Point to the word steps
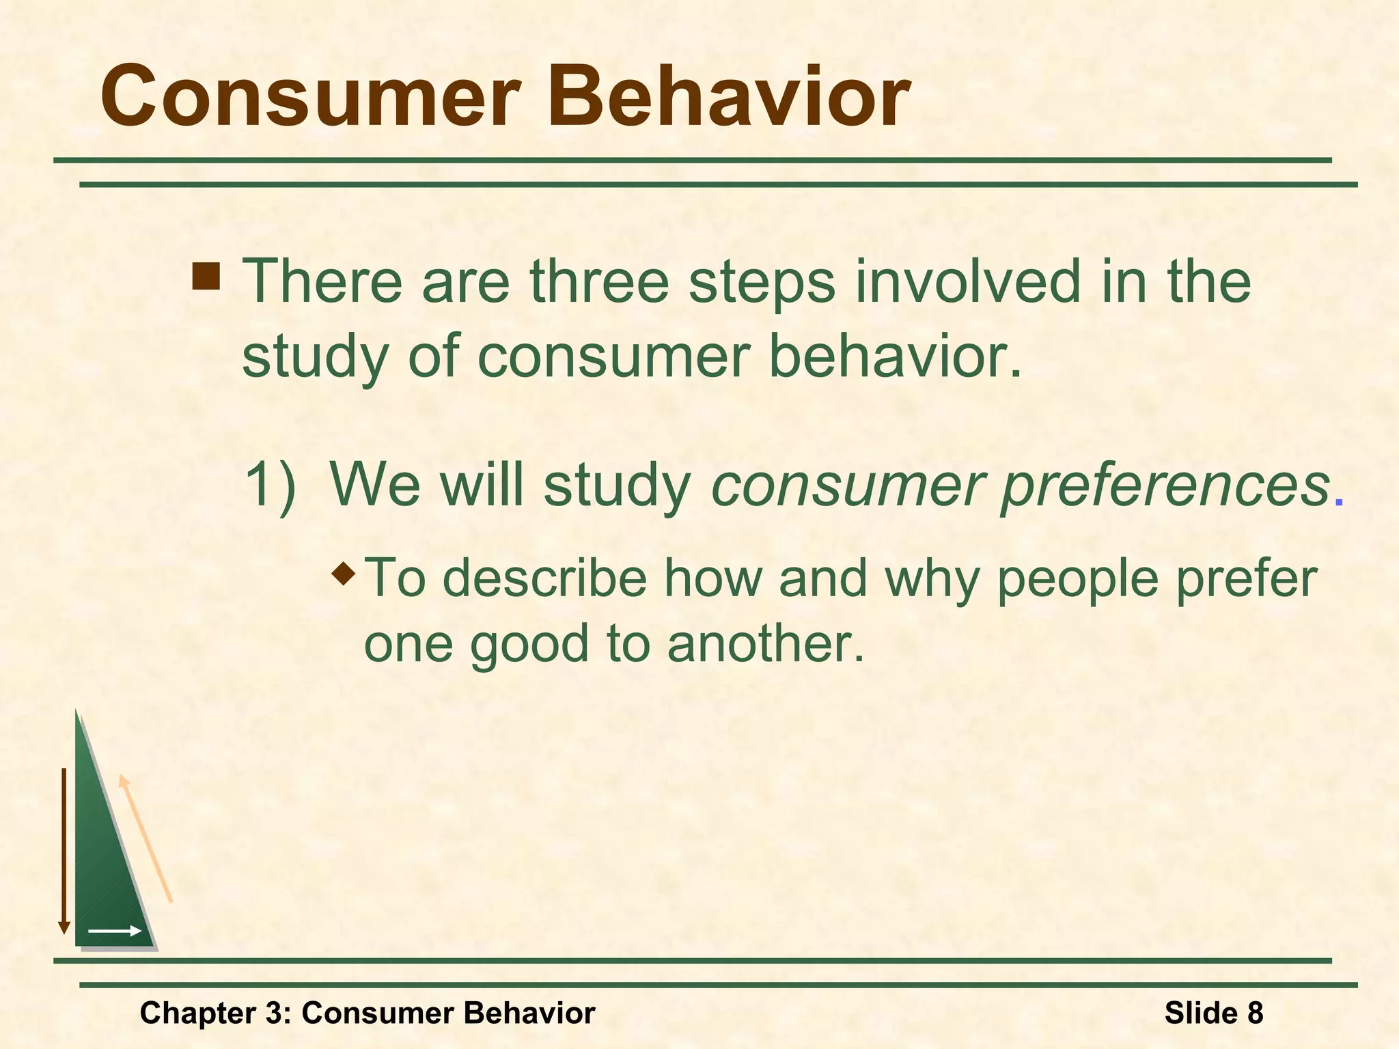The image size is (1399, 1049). point(762,284)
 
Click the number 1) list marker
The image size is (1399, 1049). point(271,485)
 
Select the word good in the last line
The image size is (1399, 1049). point(529,646)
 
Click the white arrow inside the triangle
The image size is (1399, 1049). point(115,931)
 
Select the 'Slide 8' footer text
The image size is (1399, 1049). point(1213,1013)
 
